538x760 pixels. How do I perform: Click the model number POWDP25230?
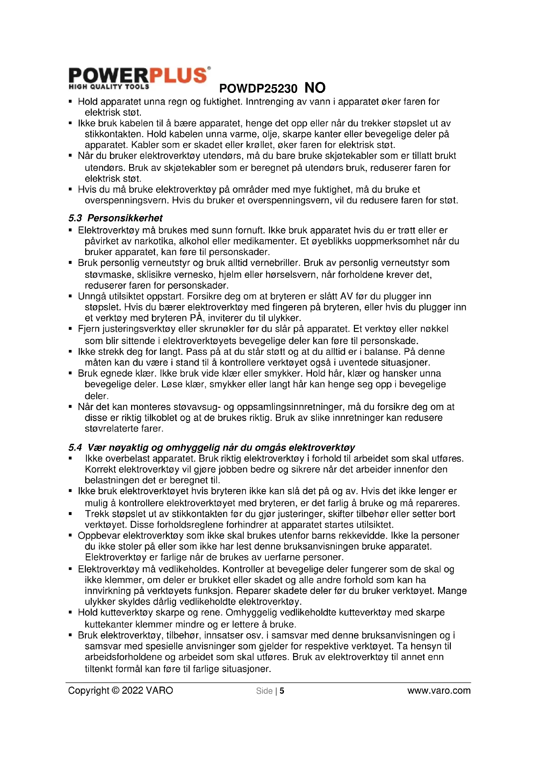click(258, 89)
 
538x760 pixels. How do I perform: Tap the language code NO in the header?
click(315, 88)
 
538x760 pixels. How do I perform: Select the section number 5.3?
click(75, 218)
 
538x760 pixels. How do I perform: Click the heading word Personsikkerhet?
click(125, 218)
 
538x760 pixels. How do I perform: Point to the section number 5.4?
click(75, 448)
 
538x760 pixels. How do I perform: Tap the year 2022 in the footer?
click(132, 690)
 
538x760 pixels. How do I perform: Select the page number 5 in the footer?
click(282, 691)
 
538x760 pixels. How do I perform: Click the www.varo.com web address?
click(439, 690)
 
